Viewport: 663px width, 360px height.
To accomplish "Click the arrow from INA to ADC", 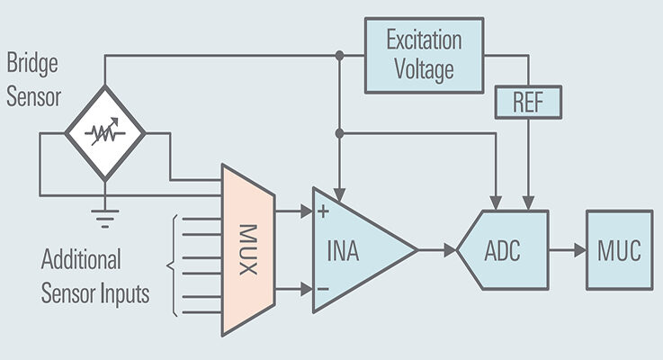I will (x=438, y=250).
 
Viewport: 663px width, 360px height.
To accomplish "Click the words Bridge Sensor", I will (x=34, y=80).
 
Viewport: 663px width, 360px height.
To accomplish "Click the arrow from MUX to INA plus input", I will (x=292, y=212).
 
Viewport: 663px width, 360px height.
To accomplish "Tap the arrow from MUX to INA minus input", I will (x=292, y=289).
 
